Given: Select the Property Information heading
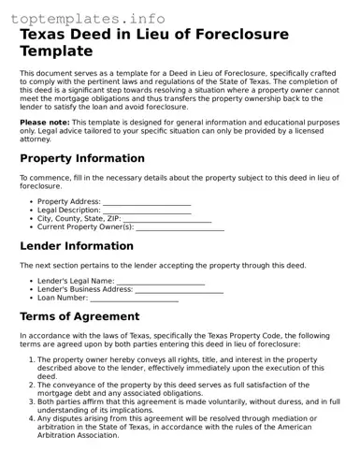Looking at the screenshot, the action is (82, 158).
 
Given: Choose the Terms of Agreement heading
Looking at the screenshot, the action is (79, 316).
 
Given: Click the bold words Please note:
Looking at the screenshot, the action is (45, 123).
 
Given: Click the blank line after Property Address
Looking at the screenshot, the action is (146, 202).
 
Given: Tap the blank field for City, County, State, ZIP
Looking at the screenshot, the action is (167, 219).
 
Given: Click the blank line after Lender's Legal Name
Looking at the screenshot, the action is (160, 281).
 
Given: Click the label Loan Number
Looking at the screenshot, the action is (63, 299).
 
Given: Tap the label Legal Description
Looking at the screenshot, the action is (68, 211).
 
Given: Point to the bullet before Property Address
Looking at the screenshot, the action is (31, 202).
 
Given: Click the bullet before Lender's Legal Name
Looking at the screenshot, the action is (31, 281).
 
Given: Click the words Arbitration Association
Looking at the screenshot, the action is (82, 435).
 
